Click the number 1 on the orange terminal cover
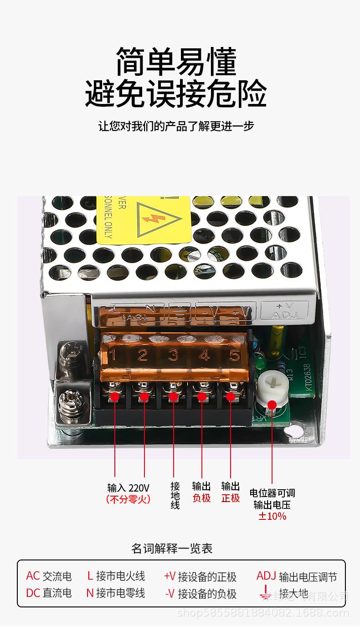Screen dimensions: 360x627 [113, 355]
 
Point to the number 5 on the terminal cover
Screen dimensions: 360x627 [235, 355]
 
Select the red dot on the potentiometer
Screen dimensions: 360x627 [272, 404]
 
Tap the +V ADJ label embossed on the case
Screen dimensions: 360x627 [284, 311]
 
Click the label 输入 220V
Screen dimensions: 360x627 [128, 487]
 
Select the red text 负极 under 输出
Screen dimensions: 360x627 [201, 498]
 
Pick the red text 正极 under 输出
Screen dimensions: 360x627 [231, 498]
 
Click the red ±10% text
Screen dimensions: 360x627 [272, 516]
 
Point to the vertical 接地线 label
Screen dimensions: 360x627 [175, 496]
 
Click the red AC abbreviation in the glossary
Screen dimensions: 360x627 [33, 576]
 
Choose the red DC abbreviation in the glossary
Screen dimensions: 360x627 [33, 593]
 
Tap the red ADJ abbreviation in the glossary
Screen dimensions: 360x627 [266, 576]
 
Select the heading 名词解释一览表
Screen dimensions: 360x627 [172, 548]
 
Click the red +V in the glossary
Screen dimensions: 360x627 [170, 576]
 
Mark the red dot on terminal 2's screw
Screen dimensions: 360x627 [144, 397]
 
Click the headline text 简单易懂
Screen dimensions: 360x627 [176, 62]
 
